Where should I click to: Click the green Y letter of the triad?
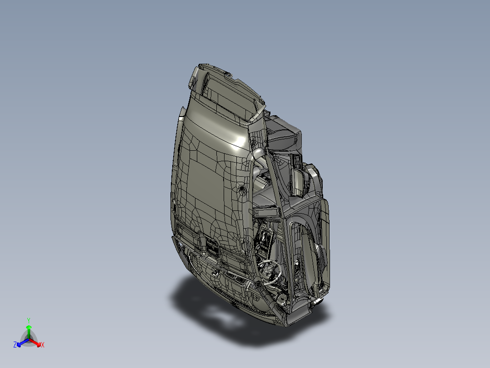click(29, 320)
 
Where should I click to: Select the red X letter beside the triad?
click(43, 345)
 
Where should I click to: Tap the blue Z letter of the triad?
click(15, 345)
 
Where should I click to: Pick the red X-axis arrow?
click(35, 342)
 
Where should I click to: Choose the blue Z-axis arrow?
click(23, 342)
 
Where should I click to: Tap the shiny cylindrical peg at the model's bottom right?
click(317, 302)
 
